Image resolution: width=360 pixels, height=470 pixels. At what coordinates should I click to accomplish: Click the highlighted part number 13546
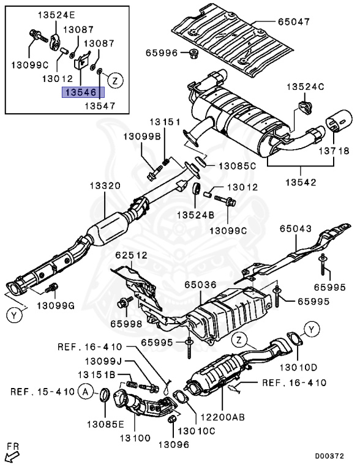point(83,92)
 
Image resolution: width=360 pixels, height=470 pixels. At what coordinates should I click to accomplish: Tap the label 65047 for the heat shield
point(293,21)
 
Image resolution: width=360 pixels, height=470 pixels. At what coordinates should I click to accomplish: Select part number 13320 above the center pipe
point(105,186)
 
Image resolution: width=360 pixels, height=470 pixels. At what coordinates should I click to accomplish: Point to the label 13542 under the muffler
point(301,182)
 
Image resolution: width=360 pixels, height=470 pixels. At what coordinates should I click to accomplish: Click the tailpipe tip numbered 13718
point(339,121)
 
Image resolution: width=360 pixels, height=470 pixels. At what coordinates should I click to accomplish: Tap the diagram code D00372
point(329,456)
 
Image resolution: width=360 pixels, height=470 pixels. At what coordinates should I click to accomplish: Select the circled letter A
point(86,392)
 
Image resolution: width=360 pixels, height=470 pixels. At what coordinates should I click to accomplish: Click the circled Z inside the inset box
point(115,80)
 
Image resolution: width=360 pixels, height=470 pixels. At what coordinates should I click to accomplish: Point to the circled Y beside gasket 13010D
point(312,330)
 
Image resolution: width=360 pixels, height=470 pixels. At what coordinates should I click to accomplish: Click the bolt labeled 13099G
point(51,288)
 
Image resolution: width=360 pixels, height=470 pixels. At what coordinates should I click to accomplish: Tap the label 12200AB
point(222,417)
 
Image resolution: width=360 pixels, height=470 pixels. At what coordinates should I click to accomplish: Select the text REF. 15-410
point(42,392)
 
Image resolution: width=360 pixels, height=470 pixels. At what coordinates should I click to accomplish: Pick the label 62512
point(132,255)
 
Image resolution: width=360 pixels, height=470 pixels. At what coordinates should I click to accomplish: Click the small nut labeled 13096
point(171,419)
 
